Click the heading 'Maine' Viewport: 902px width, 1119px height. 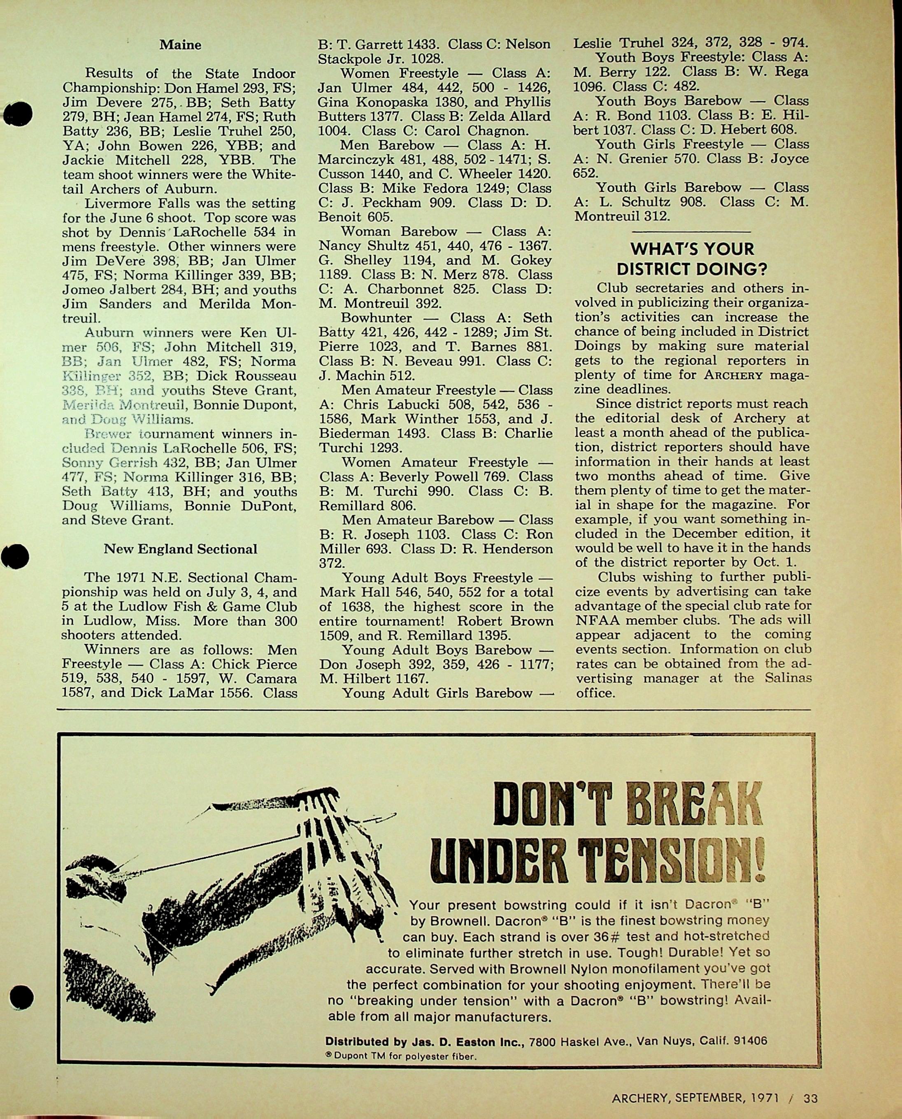(180, 45)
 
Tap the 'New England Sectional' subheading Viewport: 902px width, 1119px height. (180, 549)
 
